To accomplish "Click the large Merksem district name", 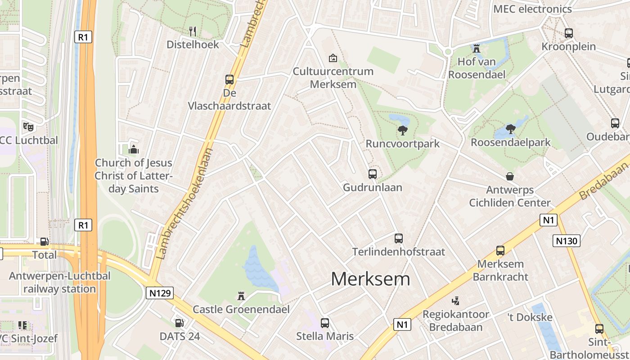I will pyautogui.click(x=370, y=279).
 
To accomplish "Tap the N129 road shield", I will pyautogui.click(x=160, y=293).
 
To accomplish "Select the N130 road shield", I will pyautogui.click(x=566, y=241).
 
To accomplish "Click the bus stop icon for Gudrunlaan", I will pyautogui.click(x=373, y=174).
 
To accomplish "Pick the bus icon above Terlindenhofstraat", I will pyautogui.click(x=399, y=238).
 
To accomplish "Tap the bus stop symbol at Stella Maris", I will pyautogui.click(x=325, y=323).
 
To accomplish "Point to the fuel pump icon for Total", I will pyautogui.click(x=44, y=242).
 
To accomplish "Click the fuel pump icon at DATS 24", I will pyautogui.click(x=179, y=323).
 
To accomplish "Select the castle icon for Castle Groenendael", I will pyautogui.click(x=241, y=296).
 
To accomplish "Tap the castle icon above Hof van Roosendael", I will pyautogui.click(x=477, y=48).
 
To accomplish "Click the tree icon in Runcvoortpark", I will pyautogui.click(x=402, y=130).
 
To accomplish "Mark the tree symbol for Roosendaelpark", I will pyautogui.click(x=510, y=129).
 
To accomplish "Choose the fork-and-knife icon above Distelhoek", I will pyautogui.click(x=193, y=31).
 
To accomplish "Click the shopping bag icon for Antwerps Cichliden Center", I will pyautogui.click(x=510, y=176).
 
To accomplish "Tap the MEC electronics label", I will pyautogui.click(x=532, y=9).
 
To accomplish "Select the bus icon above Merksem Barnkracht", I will pyautogui.click(x=500, y=251).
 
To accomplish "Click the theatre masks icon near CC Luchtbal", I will pyautogui.click(x=28, y=127).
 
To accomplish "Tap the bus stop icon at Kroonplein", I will pyautogui.click(x=569, y=33).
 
